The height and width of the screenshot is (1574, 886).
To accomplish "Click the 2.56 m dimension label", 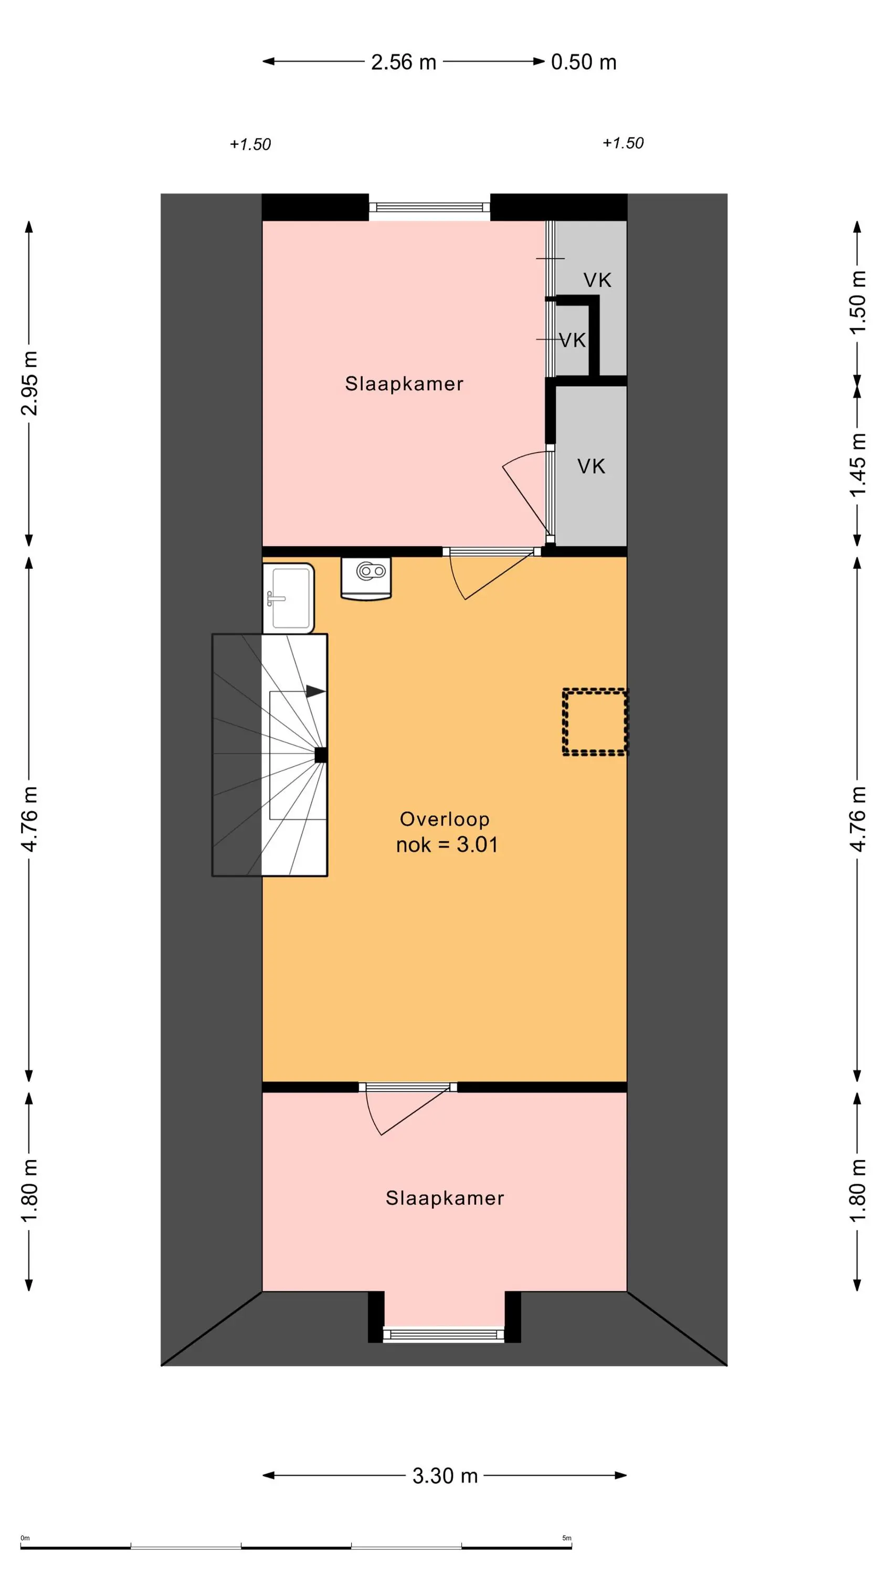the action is pos(404,62).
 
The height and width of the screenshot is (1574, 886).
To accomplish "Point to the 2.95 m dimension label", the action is pos(29,383).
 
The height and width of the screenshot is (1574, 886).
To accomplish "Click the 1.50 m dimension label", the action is pos(857,302).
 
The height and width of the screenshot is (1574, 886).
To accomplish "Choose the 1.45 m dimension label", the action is pos(857,465).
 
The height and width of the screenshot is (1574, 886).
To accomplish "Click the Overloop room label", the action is pos(445,819).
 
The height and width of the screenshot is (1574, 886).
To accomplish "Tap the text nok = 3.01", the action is pos(447,844).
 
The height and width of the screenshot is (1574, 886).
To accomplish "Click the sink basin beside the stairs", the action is pos(289,598).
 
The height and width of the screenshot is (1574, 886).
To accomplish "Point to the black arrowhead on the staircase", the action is pos(315,692).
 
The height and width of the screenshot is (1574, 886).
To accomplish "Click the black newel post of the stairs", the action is pos(320,755).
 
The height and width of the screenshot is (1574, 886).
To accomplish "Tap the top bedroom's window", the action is pos(430,207).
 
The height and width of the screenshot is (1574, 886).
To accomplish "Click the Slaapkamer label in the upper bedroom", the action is pos(404,384).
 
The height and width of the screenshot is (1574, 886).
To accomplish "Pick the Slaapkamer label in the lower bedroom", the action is pos(445,1198).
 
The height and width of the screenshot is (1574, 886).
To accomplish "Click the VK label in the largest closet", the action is pos(591,466).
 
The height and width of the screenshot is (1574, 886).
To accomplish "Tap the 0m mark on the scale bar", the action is pos(25,1538).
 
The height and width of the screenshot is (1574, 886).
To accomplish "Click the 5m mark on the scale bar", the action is pos(567,1538).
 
